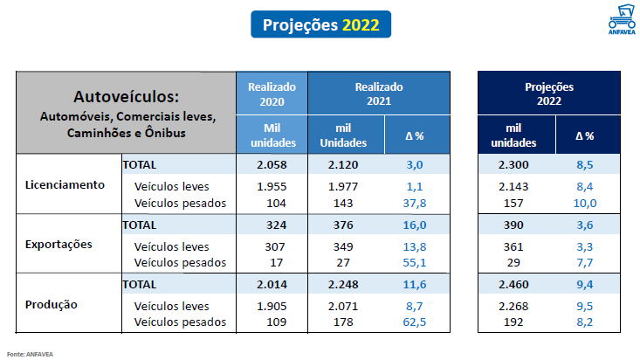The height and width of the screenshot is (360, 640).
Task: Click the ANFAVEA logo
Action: tap(622, 19)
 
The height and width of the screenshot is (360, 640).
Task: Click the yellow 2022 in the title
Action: tap(361, 25)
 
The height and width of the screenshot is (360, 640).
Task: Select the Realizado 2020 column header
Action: tap(272, 94)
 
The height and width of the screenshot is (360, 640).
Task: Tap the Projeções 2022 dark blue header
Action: tap(549, 93)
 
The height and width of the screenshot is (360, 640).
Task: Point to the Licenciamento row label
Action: tap(65, 184)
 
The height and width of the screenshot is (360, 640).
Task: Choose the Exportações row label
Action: tap(58, 245)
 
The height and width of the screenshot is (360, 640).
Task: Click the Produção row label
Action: tap(51, 304)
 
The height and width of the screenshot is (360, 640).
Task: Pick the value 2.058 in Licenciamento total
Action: tap(272, 164)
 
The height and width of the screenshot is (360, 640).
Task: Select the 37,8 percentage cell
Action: tap(414, 203)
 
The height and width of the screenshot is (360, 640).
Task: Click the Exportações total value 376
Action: tap(343, 225)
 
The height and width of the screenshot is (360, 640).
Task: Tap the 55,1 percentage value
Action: tap(414, 262)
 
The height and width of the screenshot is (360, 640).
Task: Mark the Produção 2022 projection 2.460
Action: tap(513, 284)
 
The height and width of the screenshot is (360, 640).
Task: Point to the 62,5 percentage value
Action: tap(414, 322)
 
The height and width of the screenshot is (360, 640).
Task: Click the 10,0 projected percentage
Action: tap(585, 203)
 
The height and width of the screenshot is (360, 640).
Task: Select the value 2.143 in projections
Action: tap(513, 187)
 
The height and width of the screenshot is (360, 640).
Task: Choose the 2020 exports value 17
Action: tap(276, 262)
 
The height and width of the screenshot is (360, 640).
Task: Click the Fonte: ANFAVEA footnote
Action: tap(30, 354)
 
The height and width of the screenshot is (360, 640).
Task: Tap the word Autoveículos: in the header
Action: tap(126, 97)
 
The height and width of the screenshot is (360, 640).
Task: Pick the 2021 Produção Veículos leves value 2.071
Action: tap(343, 306)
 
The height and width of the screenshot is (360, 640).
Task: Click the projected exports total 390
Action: tap(513, 225)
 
